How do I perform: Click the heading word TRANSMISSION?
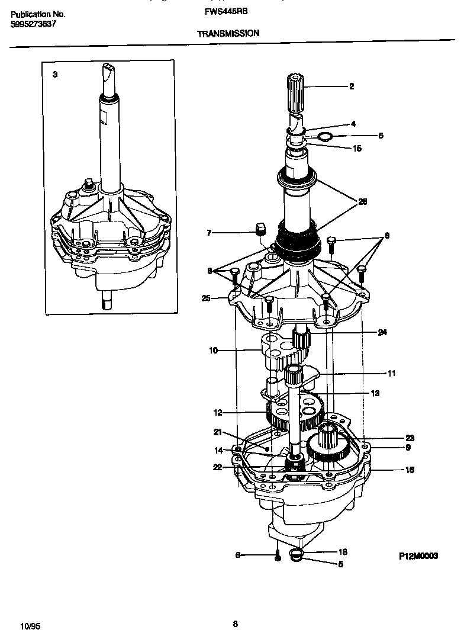point(228,34)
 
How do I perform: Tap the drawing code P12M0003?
point(418,556)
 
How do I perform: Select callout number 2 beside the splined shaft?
point(351,86)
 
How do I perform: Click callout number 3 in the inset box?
point(55,75)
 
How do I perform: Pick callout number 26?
point(362,202)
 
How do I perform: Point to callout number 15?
point(356,149)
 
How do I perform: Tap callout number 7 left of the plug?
point(209,233)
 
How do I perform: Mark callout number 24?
point(382,333)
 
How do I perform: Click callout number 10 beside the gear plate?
point(213,351)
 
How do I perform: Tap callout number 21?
point(217,432)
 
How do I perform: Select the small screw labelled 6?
point(276,555)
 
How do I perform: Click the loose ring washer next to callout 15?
point(324,137)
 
